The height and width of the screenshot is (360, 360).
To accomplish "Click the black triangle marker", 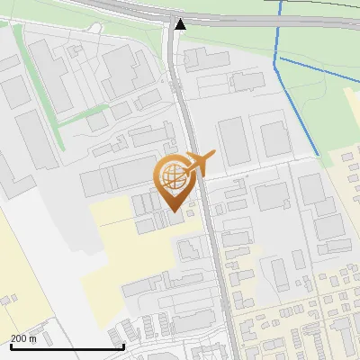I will pos(181,24).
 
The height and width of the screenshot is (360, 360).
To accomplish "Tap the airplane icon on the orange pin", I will pos(200,163).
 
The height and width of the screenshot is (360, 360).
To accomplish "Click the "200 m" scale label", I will pos(23,338).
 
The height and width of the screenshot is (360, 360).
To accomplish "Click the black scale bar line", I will pos(67,346).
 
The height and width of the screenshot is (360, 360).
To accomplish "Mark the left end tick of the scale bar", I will pos(11,345).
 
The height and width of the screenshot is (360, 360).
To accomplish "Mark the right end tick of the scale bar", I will pos(123,345).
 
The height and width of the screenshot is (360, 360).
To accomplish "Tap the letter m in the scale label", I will pos(32,338).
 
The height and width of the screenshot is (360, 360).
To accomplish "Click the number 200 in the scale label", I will pos(18,338).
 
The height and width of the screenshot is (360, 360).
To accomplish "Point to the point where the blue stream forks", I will pos(279,58).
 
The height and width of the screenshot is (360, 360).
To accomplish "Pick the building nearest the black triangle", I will pos(204,56).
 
